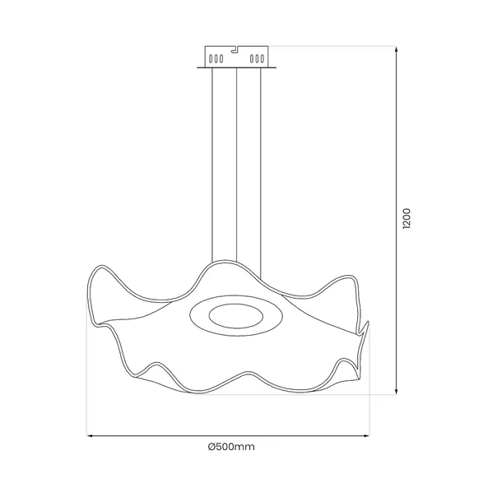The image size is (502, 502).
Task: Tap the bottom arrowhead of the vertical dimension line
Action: click(x=398, y=392)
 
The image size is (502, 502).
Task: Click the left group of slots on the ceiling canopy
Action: click(x=216, y=58)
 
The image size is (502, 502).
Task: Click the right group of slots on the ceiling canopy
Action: click(x=258, y=58)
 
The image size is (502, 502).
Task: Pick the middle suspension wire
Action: click(x=237, y=165)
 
